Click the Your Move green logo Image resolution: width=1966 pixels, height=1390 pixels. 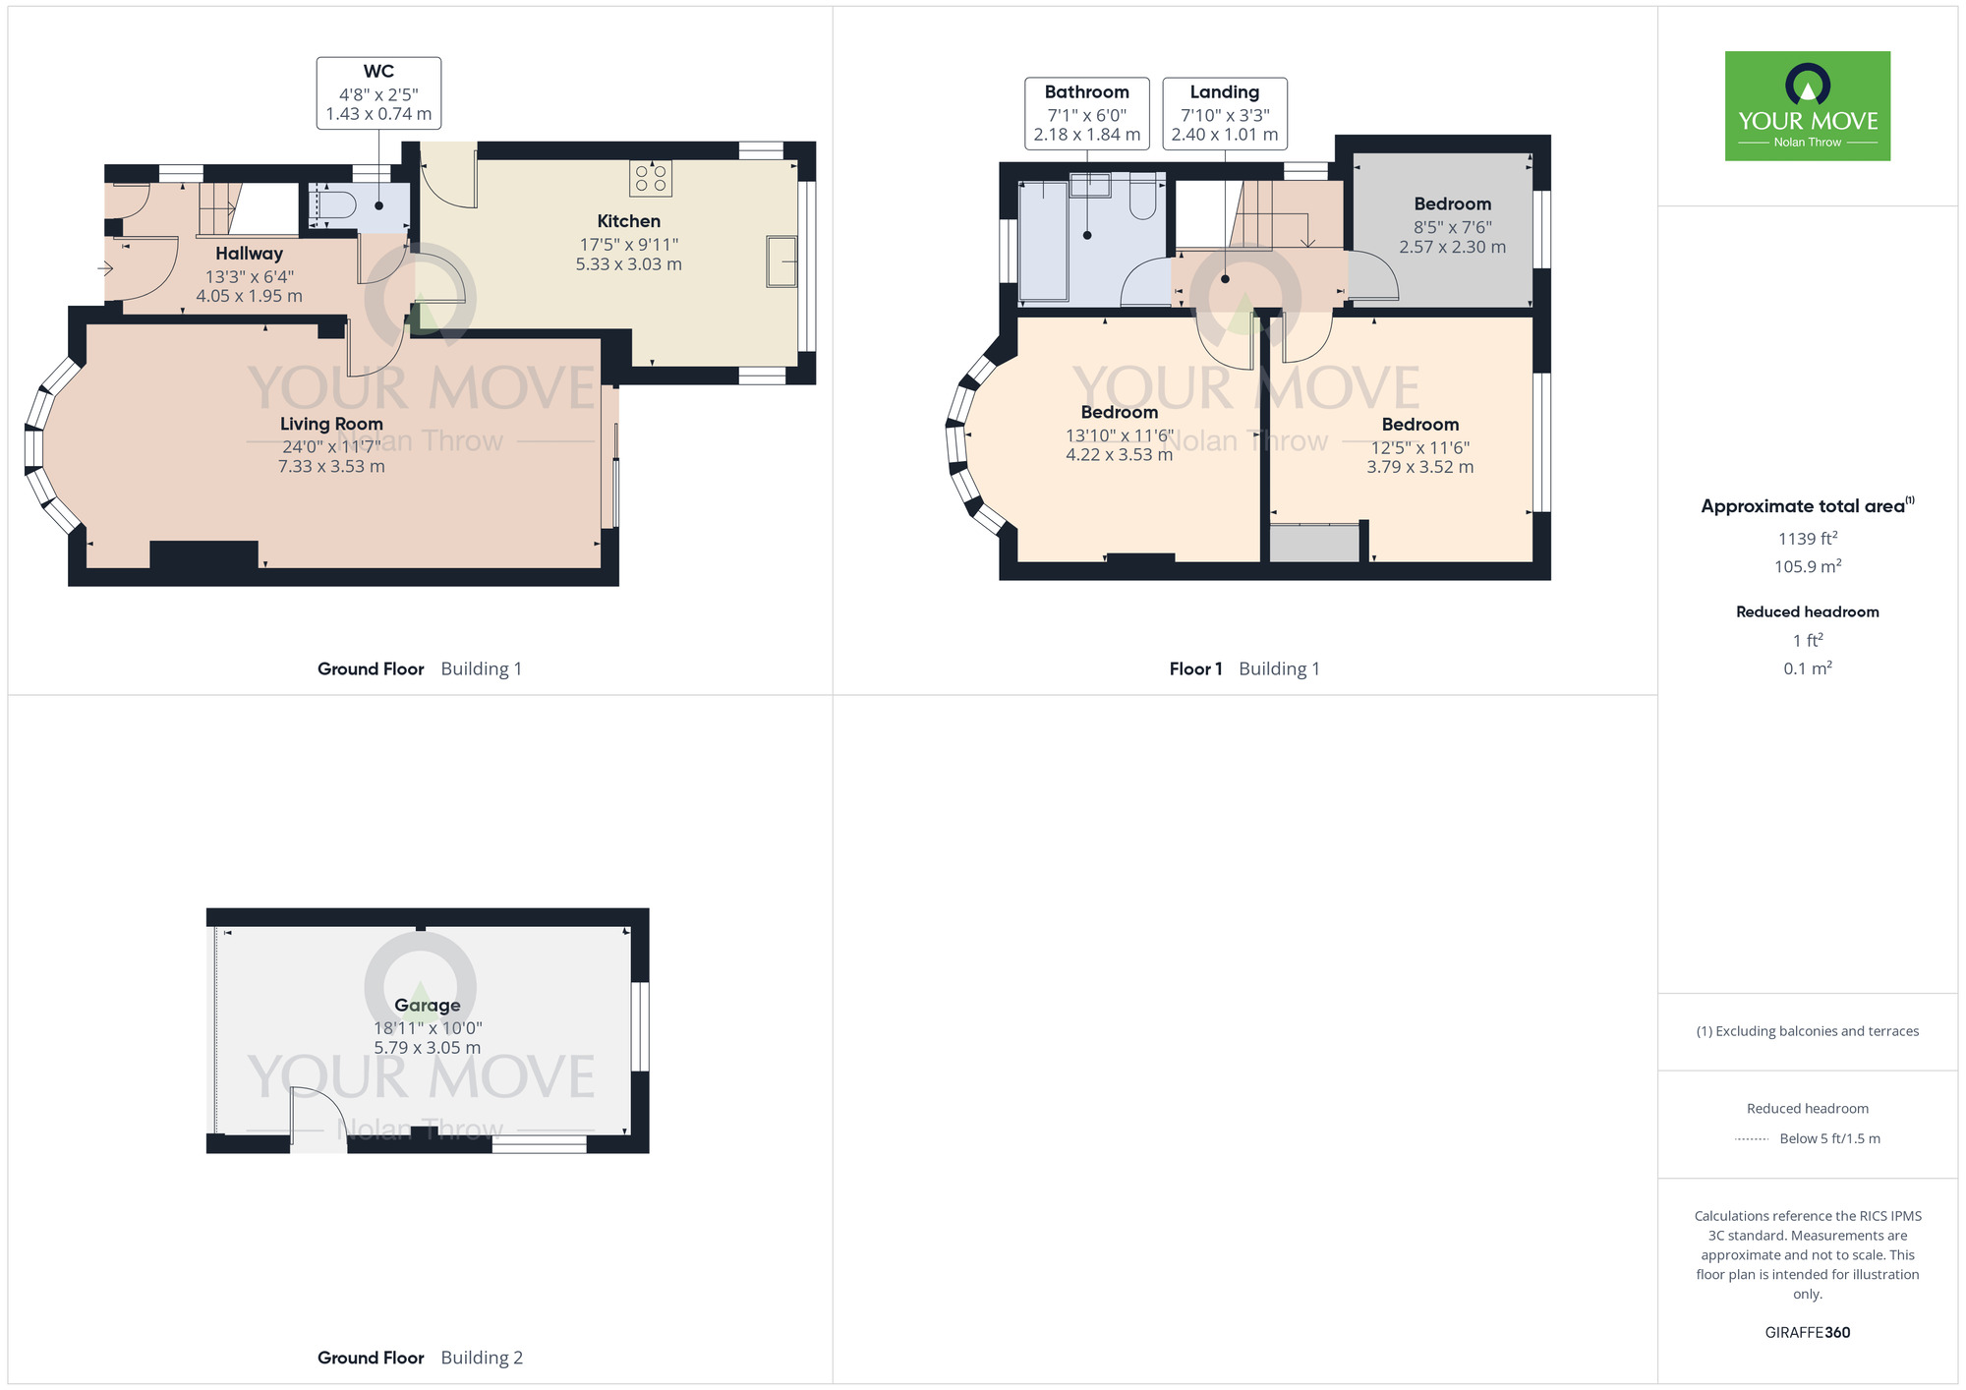[1807, 106]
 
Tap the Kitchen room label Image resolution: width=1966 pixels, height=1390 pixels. [628, 221]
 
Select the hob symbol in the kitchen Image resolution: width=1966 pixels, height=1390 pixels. [651, 178]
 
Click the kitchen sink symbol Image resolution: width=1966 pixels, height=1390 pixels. [781, 261]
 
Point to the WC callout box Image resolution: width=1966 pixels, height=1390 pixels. [378, 92]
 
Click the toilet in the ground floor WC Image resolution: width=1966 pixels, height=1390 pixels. [333, 205]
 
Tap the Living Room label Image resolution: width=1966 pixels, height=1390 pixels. [331, 424]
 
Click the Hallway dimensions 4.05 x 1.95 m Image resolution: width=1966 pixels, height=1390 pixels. [249, 296]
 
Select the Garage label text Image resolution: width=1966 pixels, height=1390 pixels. [427, 1005]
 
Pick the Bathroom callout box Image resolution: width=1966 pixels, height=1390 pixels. [1086, 113]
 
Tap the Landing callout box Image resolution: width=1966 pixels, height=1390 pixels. [1224, 113]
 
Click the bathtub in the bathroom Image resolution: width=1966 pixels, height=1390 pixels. [1043, 241]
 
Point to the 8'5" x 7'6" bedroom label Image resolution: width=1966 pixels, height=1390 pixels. [1452, 225]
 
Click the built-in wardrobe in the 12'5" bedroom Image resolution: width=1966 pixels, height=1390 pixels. [1314, 543]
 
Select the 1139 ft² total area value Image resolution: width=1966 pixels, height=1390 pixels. [1807, 539]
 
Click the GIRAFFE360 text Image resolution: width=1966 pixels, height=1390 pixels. [1807, 1333]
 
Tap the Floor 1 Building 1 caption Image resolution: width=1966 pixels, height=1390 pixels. [1243, 668]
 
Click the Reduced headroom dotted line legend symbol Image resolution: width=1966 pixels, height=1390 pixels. [1752, 1139]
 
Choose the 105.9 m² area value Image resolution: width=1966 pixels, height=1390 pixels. [1807, 566]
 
